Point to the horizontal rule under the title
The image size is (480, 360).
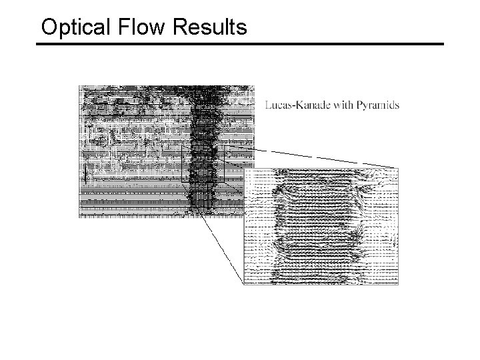click(240, 45)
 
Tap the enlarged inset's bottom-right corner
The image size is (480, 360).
click(398, 285)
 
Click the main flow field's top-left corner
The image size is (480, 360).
click(79, 85)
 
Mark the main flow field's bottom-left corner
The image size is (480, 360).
click(79, 217)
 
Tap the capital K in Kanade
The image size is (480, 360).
click(298, 105)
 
